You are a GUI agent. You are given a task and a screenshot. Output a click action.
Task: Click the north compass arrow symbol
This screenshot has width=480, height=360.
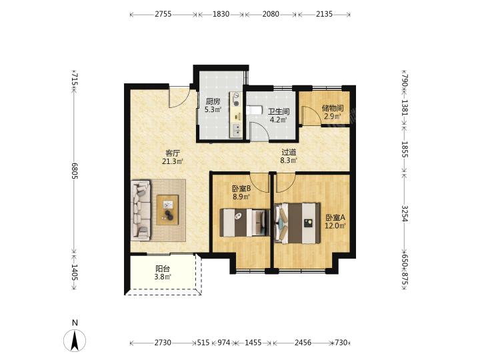point(75,340)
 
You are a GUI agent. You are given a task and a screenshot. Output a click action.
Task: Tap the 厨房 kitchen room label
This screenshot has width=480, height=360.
point(213,101)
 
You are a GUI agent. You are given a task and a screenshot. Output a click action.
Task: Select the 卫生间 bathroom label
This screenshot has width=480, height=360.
point(279,111)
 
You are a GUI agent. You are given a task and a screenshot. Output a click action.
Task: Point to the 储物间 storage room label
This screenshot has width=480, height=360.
point(333,108)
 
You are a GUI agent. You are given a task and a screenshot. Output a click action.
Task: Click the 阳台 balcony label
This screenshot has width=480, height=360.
point(163,269)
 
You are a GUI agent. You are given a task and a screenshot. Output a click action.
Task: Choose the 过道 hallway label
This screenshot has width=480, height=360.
point(289,152)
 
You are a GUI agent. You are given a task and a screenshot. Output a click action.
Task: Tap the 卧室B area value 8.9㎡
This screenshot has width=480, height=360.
point(241,197)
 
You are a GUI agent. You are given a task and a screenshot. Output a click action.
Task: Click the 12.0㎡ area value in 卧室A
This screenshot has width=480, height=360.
point(335,226)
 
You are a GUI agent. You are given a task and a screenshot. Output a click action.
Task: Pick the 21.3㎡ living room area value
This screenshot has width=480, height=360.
point(173,161)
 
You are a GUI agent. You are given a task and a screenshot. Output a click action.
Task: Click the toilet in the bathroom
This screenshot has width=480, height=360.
point(255,110)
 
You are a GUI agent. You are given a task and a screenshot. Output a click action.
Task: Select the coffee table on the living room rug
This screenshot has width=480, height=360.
point(167,210)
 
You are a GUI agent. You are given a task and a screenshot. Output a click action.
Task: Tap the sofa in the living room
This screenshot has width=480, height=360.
point(141,210)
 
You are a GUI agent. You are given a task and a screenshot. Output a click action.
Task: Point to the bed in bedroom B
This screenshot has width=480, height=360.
point(245,223)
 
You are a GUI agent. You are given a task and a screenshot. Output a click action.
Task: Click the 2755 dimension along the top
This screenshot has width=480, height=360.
point(163,14)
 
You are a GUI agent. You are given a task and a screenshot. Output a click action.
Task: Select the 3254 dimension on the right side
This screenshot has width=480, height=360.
point(405,213)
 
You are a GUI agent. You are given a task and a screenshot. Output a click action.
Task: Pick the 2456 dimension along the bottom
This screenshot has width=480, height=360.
point(303,343)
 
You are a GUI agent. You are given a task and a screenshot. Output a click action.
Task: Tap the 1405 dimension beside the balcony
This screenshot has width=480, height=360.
point(75,272)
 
